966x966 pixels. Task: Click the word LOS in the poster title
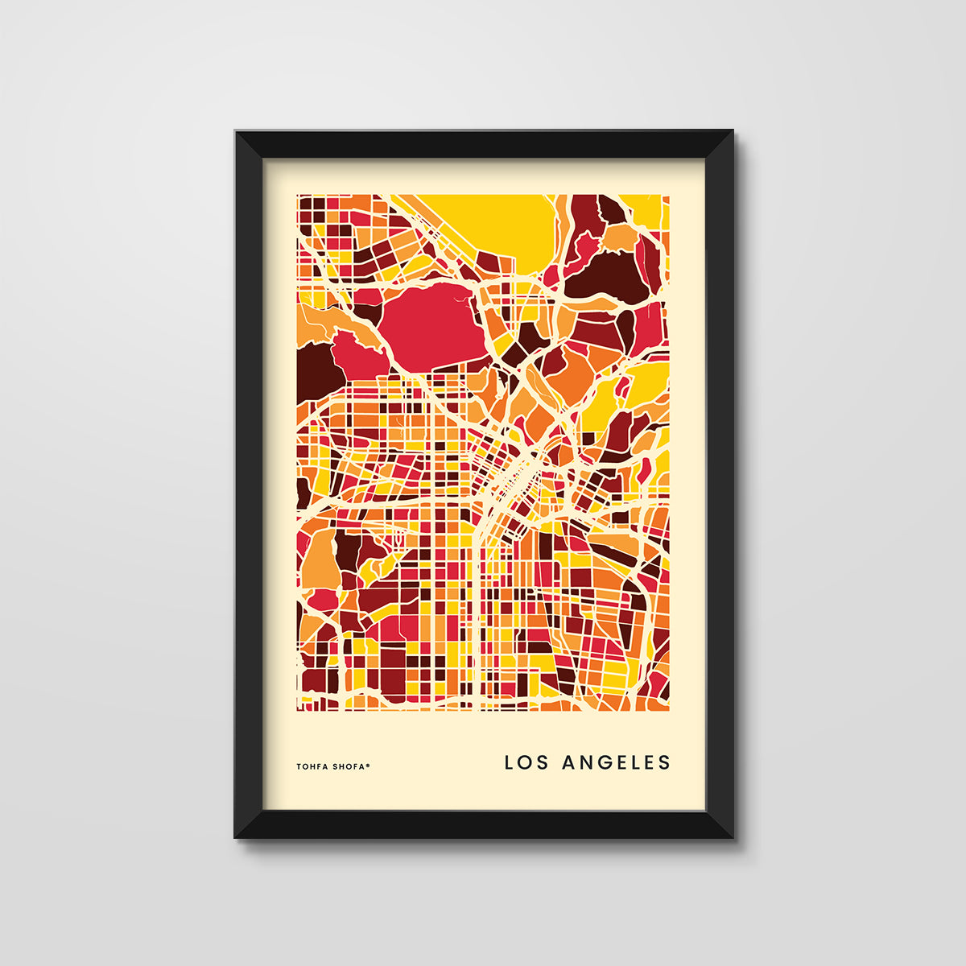point(526,762)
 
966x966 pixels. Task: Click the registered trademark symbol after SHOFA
point(369,765)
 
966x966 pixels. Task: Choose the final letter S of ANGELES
point(664,762)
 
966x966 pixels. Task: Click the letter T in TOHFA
point(299,766)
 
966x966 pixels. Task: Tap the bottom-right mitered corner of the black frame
point(719,824)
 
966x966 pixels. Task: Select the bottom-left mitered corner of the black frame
point(250,824)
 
